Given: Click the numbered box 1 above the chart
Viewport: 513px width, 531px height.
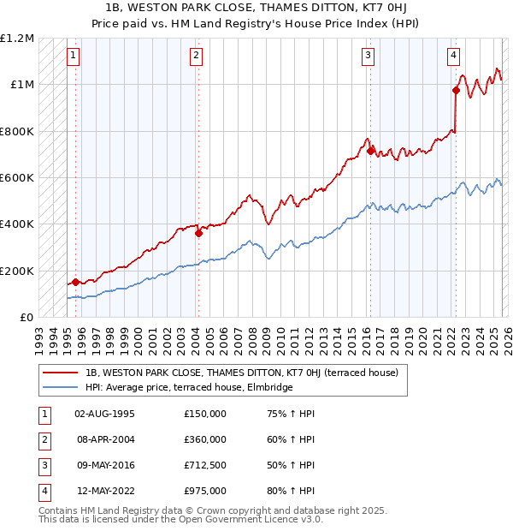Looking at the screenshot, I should (x=74, y=56).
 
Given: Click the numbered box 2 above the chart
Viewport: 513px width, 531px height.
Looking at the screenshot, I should (x=197, y=56).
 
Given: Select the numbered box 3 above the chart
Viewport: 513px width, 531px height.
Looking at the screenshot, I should (x=368, y=56).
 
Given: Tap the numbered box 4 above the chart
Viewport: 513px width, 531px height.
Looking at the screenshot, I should (x=453, y=56).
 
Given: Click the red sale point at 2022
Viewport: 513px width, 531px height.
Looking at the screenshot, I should (x=456, y=90).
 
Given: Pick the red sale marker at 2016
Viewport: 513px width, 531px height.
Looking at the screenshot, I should (x=370, y=151).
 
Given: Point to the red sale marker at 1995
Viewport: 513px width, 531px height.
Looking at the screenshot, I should (x=75, y=282).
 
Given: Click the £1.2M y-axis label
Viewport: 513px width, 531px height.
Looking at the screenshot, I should (x=17, y=39).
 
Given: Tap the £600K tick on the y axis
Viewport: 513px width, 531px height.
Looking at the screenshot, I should (x=17, y=178).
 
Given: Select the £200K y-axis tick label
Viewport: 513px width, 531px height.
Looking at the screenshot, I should (x=17, y=271).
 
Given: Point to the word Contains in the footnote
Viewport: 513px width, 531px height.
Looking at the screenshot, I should (x=60, y=510).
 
